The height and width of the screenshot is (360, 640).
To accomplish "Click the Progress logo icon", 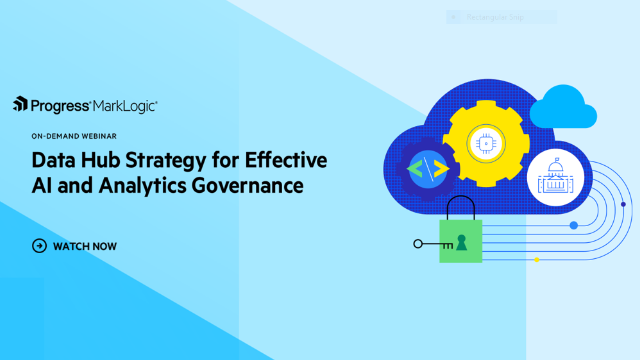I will (x=19, y=103).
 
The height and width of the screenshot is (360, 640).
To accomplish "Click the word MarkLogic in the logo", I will (x=125, y=103).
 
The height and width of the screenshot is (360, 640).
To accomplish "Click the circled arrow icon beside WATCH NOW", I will (x=39, y=245).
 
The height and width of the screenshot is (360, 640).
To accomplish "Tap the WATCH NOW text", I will (x=85, y=245).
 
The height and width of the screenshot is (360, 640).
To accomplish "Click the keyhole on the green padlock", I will (x=461, y=241).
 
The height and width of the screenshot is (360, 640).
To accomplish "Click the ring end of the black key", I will (x=416, y=243).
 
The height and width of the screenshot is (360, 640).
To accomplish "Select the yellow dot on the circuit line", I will (x=537, y=260).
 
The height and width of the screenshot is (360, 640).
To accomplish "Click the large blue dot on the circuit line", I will (x=574, y=226).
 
